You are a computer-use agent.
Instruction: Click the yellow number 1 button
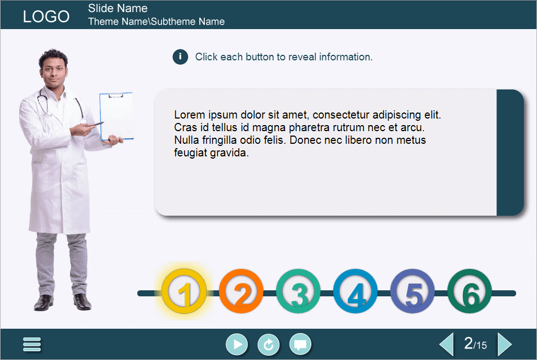coord(184,292)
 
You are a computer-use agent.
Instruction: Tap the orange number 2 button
coord(242,292)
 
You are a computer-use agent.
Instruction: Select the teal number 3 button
coord(299,292)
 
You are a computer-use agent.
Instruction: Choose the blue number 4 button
coord(356,292)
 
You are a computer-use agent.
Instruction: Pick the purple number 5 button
coord(413,292)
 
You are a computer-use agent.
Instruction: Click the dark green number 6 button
coord(470,292)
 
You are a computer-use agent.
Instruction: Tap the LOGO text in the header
coord(46,16)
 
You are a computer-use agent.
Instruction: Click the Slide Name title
coord(118,8)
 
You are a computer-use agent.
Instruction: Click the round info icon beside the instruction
coord(181,57)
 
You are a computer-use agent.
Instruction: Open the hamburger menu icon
coord(32,345)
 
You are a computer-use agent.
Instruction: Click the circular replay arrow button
coord(268,345)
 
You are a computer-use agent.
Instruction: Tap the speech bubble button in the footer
coord(300,345)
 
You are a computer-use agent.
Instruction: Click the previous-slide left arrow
coord(446,345)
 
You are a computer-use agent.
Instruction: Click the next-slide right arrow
coord(504,345)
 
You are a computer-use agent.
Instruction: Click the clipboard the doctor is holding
coord(116,116)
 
